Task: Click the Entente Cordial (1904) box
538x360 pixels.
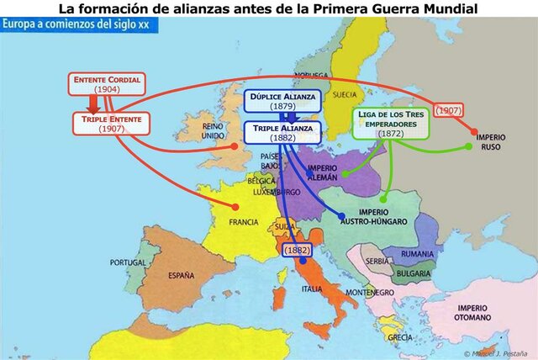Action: [x=107, y=84]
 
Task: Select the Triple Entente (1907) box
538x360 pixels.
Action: [x=111, y=124]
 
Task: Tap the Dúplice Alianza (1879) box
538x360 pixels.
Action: [x=282, y=102]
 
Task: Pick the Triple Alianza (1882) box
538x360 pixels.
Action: [x=282, y=132]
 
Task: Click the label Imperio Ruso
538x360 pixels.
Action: [x=492, y=140]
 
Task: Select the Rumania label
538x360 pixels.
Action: [x=418, y=253]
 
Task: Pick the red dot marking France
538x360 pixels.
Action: [x=236, y=207]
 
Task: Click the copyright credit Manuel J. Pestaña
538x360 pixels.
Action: [x=499, y=353]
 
